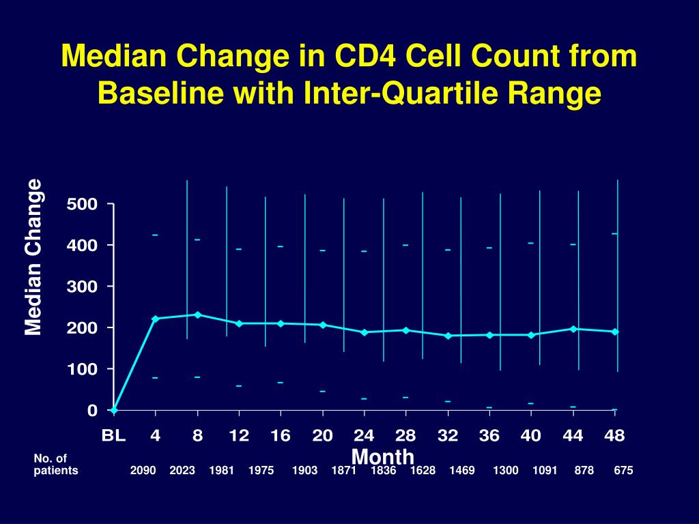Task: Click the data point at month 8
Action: point(197,315)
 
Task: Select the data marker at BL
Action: point(114,410)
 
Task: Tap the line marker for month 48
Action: point(614,332)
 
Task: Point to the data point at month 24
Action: point(365,332)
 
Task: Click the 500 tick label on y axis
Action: point(82,204)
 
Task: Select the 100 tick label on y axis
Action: point(82,369)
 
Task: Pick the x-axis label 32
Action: point(448,435)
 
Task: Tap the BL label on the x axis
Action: point(114,435)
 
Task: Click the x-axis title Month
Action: point(383,456)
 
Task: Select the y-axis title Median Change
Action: point(33,257)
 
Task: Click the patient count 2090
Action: point(143,471)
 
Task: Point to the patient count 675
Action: point(623,471)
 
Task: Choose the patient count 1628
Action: point(423,471)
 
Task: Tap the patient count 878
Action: point(584,471)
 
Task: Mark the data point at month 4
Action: point(156,319)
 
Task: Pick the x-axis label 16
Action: point(281,435)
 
